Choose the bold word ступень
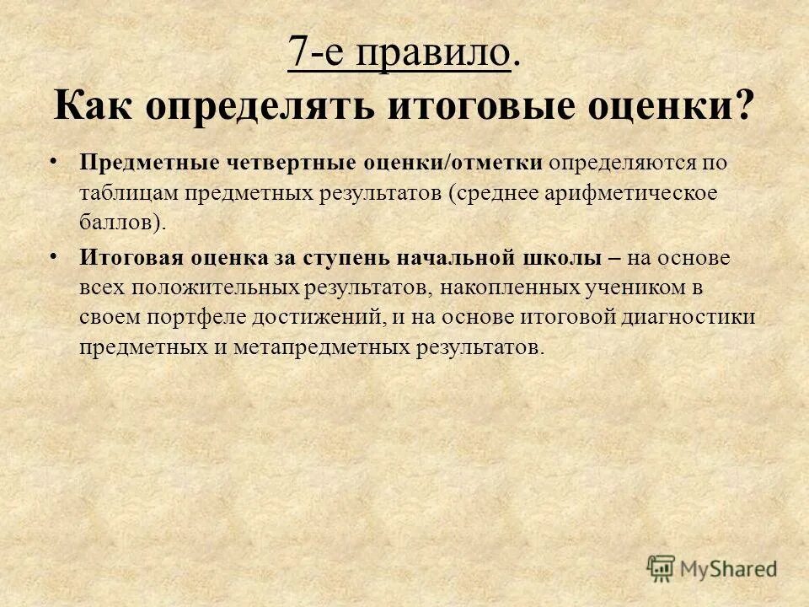coord(341,257)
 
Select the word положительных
coord(208,287)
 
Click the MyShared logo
coord(712,568)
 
